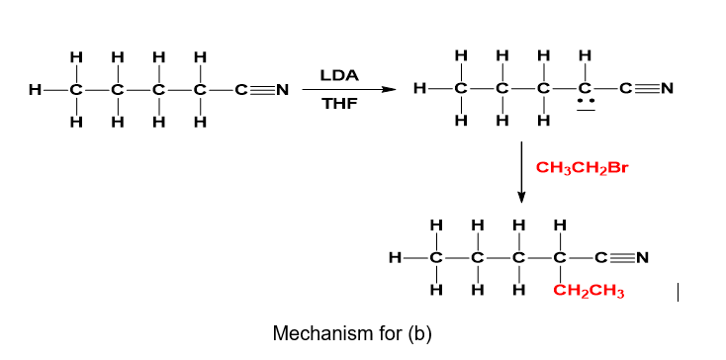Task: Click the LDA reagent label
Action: [339, 76]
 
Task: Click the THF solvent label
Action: [340, 104]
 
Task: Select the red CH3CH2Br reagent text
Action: [582, 168]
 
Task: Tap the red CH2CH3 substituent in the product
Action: [589, 292]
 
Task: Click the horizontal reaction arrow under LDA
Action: [349, 90]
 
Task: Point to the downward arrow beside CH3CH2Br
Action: [521, 172]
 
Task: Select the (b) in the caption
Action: [419, 333]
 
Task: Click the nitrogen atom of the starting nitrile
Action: [282, 90]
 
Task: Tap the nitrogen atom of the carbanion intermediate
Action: [668, 88]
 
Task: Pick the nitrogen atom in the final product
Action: [642, 257]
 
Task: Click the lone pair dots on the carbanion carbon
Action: [586, 101]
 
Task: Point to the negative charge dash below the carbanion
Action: [586, 110]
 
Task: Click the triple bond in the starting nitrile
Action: [263, 90]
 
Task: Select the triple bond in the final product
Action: [623, 257]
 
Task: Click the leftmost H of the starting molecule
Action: [34, 90]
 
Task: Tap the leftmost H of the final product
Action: [395, 257]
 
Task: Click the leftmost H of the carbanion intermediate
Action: [419, 88]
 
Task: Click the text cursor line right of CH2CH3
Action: [678, 293]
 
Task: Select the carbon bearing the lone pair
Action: [586, 88]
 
